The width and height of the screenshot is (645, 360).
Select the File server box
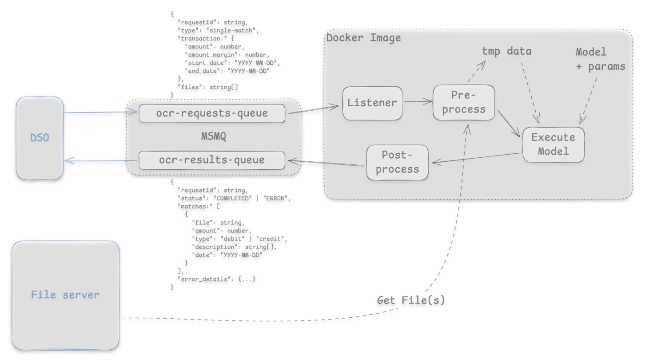[x=66, y=295]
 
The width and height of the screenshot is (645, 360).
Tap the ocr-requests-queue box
[x=211, y=113]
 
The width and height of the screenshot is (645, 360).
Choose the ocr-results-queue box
[x=211, y=160]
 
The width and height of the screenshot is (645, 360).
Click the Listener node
[x=372, y=103]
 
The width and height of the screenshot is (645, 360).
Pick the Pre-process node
[x=463, y=103]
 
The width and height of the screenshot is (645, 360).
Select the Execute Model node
[x=553, y=144]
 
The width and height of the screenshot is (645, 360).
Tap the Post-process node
[x=397, y=162]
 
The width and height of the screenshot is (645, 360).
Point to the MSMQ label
[x=214, y=137]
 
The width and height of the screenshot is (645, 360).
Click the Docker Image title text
[x=364, y=38]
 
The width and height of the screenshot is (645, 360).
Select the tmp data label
[x=507, y=51]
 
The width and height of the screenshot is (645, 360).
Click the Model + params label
[x=599, y=59]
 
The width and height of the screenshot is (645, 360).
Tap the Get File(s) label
[x=410, y=300]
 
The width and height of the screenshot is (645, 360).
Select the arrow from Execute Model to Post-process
[x=475, y=158]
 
